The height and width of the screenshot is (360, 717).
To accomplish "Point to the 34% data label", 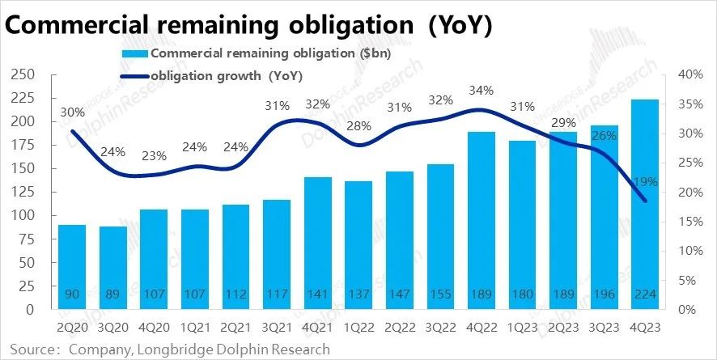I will pyautogui.click(x=481, y=89).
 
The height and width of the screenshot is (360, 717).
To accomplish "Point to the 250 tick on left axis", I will pyautogui.click(x=22, y=74).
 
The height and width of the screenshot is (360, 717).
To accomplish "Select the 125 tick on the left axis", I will pyautogui.click(x=22, y=193).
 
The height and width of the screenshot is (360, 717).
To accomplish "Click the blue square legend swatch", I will pyautogui.click(x=135, y=53).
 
